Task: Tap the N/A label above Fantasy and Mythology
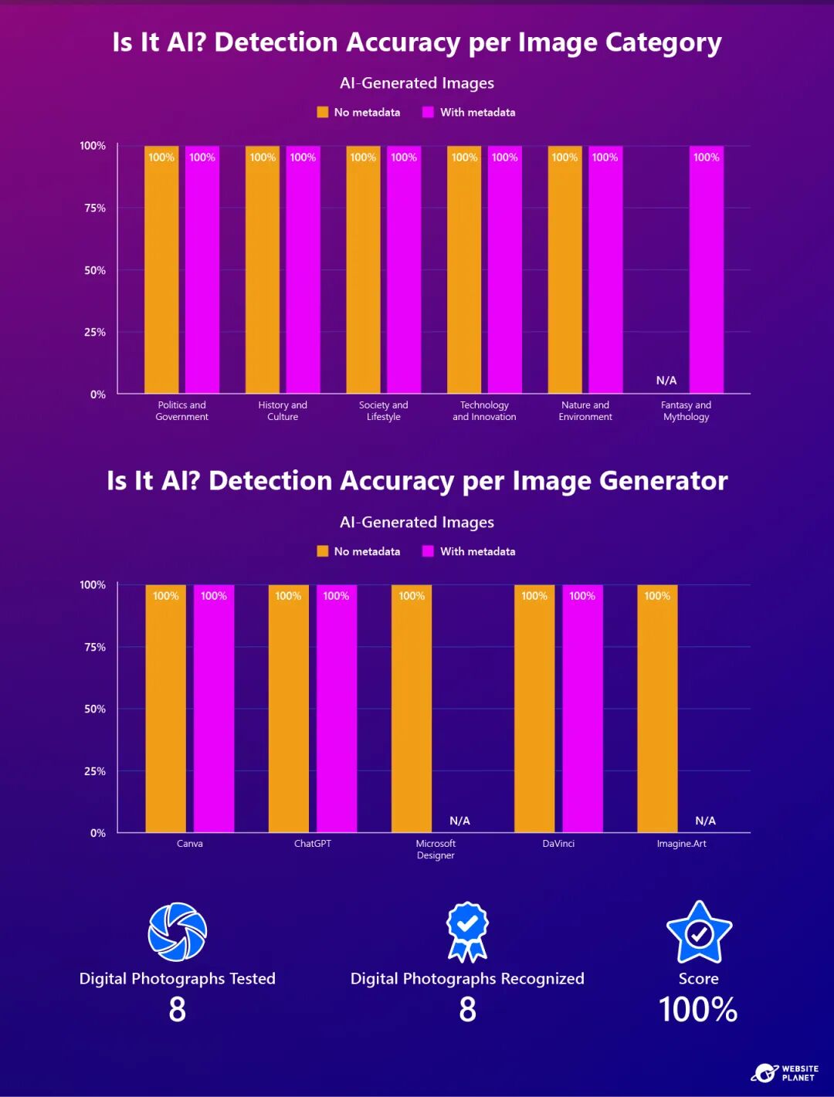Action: coord(666,381)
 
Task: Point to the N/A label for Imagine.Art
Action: coord(705,821)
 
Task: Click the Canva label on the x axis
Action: coord(190,844)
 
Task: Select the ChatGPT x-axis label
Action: coord(313,844)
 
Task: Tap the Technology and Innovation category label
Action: coord(484,411)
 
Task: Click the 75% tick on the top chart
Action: coord(95,208)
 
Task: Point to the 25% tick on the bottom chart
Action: coord(95,771)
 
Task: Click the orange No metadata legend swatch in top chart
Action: coord(323,113)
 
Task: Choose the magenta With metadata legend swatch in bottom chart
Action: coord(428,551)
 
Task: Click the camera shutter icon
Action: coord(178,932)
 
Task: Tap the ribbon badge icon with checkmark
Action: coord(467,931)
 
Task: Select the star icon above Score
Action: coord(699,933)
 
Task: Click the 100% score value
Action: coord(698,1010)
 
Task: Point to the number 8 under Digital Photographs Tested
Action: coord(178,1010)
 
